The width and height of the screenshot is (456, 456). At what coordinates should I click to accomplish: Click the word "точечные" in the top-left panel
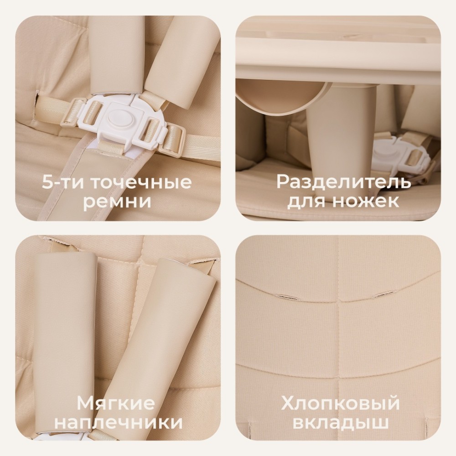tap(141, 183)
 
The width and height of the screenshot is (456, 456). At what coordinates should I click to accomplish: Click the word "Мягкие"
tap(116, 404)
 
